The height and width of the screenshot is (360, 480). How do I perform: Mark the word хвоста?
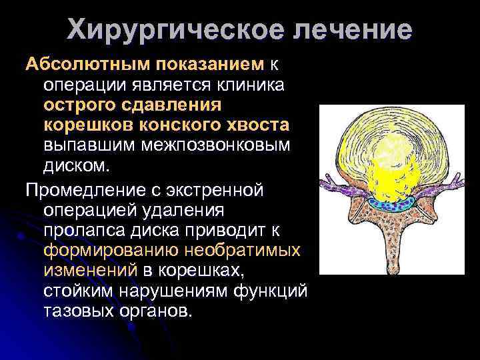click(x=257, y=125)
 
